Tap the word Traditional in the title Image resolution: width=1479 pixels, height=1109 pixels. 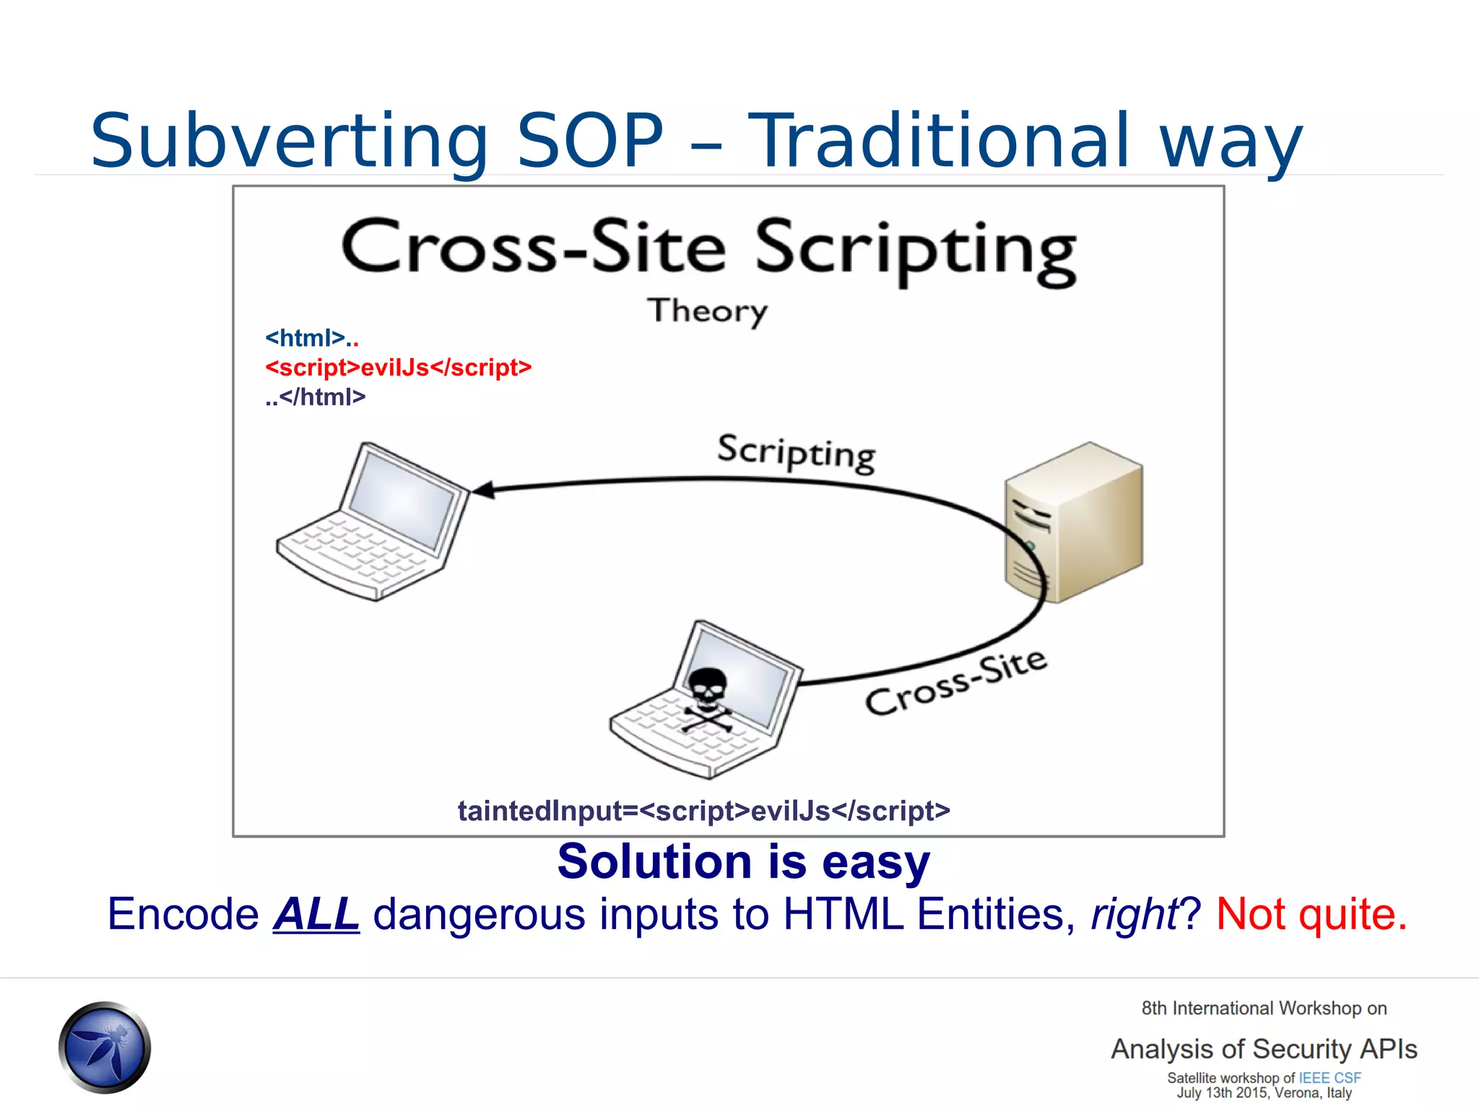(937, 142)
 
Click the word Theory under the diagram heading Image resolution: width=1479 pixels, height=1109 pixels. (706, 311)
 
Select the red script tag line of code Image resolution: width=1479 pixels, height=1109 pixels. (398, 368)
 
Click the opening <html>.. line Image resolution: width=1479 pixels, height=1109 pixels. (311, 338)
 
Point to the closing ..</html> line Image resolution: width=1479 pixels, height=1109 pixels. (315, 397)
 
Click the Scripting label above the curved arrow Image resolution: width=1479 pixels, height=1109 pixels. (796, 453)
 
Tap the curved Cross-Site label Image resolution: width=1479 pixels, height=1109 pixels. (955, 683)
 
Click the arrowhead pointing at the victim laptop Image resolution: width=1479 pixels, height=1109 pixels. (482, 490)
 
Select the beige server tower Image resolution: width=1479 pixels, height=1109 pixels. (1073, 522)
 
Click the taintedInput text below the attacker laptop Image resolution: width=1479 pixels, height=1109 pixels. (703, 811)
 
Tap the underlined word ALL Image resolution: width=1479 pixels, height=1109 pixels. (316, 914)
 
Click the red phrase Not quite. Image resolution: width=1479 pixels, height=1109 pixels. (1311, 914)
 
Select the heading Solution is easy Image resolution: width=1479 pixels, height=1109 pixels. (743, 861)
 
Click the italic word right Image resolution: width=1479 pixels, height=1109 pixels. (1134, 914)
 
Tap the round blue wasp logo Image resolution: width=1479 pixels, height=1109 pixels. (105, 1047)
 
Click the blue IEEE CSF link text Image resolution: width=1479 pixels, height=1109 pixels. (1330, 1078)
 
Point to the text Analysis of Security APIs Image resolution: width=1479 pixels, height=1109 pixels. (1264, 1049)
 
